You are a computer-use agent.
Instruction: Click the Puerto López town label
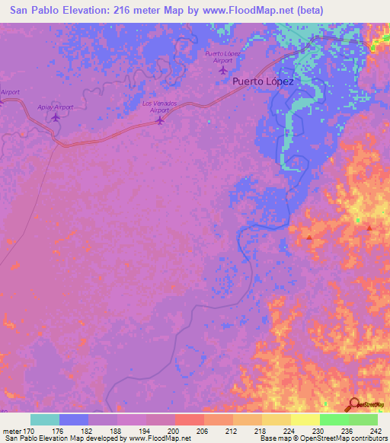click(x=263, y=81)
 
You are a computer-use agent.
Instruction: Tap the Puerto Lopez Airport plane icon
click(x=222, y=70)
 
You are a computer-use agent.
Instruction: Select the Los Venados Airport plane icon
click(x=159, y=120)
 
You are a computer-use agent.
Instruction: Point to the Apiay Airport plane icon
click(x=55, y=117)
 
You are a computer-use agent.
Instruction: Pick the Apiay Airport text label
click(x=55, y=107)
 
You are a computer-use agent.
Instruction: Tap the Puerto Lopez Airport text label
click(x=222, y=56)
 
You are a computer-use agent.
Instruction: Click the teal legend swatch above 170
click(x=45, y=419)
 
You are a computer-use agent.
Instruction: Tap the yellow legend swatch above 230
click(x=305, y=419)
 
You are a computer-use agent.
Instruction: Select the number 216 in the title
click(x=113, y=11)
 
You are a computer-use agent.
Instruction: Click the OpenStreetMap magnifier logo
click(x=353, y=404)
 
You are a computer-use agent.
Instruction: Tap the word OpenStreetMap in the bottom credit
click(x=339, y=438)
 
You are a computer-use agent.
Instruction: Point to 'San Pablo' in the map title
click(x=29, y=11)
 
